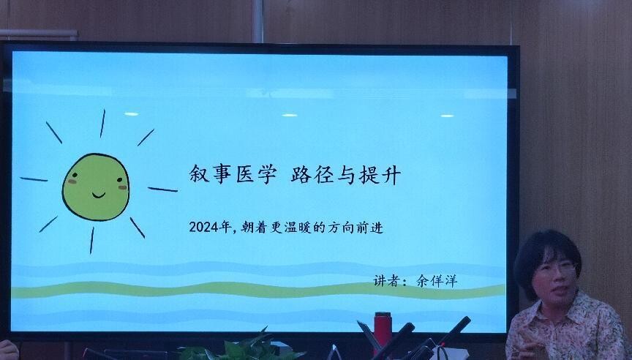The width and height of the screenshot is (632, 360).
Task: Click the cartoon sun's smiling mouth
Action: [x=98, y=195]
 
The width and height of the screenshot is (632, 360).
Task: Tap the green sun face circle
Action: [x=96, y=187]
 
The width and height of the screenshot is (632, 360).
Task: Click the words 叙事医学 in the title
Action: [x=233, y=174]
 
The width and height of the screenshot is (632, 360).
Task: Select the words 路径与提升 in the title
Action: [x=346, y=176]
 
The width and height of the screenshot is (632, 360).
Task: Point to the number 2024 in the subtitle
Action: [x=204, y=228]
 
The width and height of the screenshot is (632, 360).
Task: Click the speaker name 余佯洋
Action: [x=437, y=280]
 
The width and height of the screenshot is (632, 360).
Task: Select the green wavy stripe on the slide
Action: [x=258, y=290]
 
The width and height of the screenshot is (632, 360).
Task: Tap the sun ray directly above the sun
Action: [x=102, y=124]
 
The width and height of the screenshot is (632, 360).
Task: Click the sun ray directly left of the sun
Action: [x=34, y=179]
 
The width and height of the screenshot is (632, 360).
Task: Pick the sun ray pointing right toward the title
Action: [x=162, y=190]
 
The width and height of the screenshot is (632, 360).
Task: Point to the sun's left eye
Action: [x=75, y=176]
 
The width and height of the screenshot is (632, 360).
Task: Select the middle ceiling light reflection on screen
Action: [x=290, y=116]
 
